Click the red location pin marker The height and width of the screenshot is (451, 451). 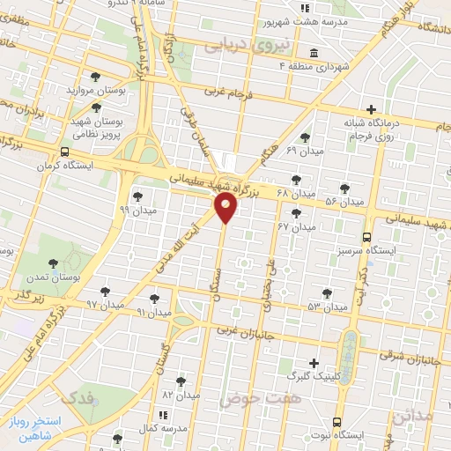click(225, 208)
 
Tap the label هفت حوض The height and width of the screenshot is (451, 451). click(249, 399)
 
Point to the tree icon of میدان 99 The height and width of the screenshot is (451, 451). click(137, 196)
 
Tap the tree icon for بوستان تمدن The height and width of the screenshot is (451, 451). click(54, 262)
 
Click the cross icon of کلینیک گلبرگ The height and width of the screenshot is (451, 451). click(313, 363)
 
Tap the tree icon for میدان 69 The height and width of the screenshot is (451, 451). click(304, 137)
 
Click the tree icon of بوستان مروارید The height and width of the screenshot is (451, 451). click(95, 77)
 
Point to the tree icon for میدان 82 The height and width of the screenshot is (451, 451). click(181, 381)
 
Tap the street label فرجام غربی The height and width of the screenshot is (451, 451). click(229, 91)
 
